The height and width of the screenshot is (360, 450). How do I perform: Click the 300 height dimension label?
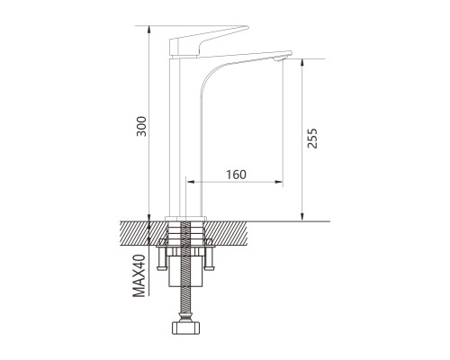click(141, 126)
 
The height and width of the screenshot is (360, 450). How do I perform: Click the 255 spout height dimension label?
click(312, 139)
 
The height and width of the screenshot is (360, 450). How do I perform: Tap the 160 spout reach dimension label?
click(236, 175)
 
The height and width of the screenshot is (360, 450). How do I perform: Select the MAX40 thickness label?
click(139, 275)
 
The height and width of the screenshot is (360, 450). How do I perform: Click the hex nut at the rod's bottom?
click(185, 328)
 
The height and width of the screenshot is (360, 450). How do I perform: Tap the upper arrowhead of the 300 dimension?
click(149, 30)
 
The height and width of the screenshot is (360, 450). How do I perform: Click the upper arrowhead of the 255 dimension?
click(302, 63)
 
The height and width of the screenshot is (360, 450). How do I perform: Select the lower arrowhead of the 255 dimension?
click(302, 217)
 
